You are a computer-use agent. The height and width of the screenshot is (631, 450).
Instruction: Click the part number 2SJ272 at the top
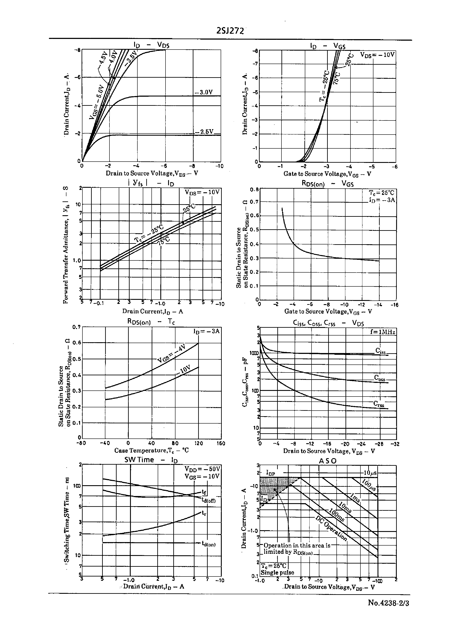[x=230, y=31]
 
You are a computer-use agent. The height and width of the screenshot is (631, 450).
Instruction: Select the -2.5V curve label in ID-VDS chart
[x=204, y=131]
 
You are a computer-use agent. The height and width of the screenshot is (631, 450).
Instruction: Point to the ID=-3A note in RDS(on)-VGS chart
[x=382, y=200]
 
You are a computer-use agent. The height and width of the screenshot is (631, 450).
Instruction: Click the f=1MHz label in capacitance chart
[x=382, y=332]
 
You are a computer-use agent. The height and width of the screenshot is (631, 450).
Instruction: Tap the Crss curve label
[x=379, y=404]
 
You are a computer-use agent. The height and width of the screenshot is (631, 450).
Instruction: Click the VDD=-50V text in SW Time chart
[x=202, y=469]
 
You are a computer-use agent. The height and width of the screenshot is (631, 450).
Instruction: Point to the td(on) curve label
[x=208, y=544]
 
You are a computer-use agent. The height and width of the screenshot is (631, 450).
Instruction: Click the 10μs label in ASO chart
[x=370, y=473]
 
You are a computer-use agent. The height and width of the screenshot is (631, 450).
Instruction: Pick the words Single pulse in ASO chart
[x=277, y=573]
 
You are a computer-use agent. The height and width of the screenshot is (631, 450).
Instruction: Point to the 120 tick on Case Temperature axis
[x=198, y=443]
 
